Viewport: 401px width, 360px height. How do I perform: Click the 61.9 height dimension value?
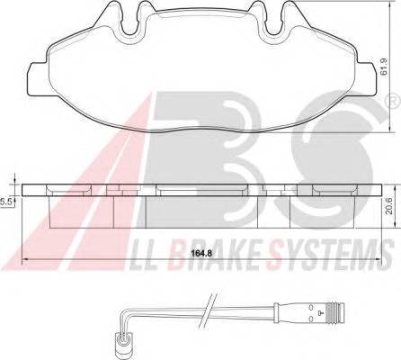(x=384, y=67)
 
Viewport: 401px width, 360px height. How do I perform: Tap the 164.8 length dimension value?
(x=201, y=254)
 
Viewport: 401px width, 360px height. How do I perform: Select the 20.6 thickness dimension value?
(x=389, y=207)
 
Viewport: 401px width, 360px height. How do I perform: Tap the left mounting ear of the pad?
(x=38, y=79)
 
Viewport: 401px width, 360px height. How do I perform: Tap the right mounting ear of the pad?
(x=367, y=79)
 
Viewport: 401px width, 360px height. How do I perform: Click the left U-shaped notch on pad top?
(x=132, y=20)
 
